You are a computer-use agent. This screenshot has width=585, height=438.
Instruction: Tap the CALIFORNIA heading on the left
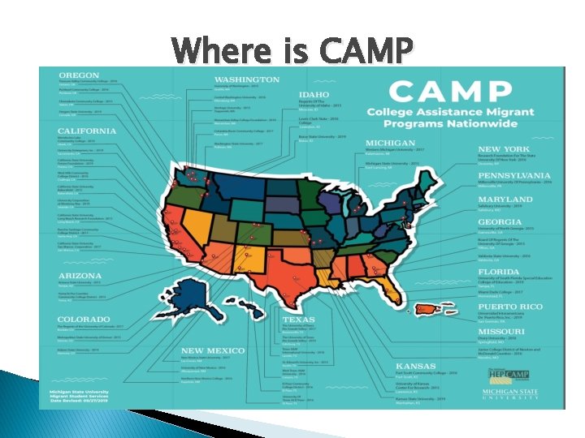(x=87, y=131)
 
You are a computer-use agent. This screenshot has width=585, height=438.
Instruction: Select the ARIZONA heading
(x=80, y=276)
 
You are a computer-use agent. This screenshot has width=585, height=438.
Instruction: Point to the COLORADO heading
(x=84, y=320)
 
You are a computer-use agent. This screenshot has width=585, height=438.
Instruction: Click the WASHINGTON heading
(x=247, y=79)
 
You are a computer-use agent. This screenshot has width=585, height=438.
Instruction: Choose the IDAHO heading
(x=314, y=94)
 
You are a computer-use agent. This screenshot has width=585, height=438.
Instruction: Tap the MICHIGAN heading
(x=391, y=143)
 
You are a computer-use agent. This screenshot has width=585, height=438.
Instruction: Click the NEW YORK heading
(x=504, y=149)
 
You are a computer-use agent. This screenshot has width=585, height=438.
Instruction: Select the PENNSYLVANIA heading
(x=514, y=175)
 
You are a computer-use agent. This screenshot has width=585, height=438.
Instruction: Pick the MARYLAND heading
(x=505, y=199)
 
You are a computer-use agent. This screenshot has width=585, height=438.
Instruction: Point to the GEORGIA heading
(x=500, y=221)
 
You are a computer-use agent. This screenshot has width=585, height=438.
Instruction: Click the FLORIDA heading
(x=499, y=272)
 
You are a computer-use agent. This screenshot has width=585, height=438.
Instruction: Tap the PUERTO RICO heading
(x=509, y=307)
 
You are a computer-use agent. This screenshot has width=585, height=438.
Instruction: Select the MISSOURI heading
(x=501, y=332)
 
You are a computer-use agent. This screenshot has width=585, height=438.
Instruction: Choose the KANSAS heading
(x=415, y=366)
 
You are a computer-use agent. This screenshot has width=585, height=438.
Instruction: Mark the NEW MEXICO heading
(x=214, y=351)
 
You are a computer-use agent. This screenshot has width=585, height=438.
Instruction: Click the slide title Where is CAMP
(x=292, y=50)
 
